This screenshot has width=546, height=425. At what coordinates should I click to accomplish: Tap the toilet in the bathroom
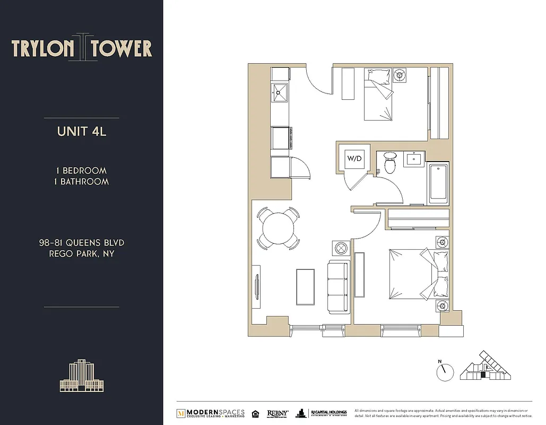[x=390, y=163]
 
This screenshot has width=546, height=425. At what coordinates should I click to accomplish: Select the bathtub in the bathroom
[x=438, y=183]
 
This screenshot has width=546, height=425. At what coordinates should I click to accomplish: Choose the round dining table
[x=279, y=227]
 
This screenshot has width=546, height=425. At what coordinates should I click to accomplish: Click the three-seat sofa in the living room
[x=338, y=286]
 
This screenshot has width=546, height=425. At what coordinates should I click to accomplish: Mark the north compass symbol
[x=445, y=371]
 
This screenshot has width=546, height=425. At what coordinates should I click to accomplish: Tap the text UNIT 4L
[x=82, y=131]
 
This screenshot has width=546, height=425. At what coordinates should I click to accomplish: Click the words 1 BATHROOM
[x=82, y=182]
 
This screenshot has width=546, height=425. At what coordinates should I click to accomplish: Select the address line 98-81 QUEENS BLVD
[x=82, y=243]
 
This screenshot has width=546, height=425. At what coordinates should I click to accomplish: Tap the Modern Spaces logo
[x=211, y=413]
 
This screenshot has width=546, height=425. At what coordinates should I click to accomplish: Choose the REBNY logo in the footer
[x=278, y=413]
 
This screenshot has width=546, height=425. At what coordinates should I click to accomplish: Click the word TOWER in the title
[x=122, y=49]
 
